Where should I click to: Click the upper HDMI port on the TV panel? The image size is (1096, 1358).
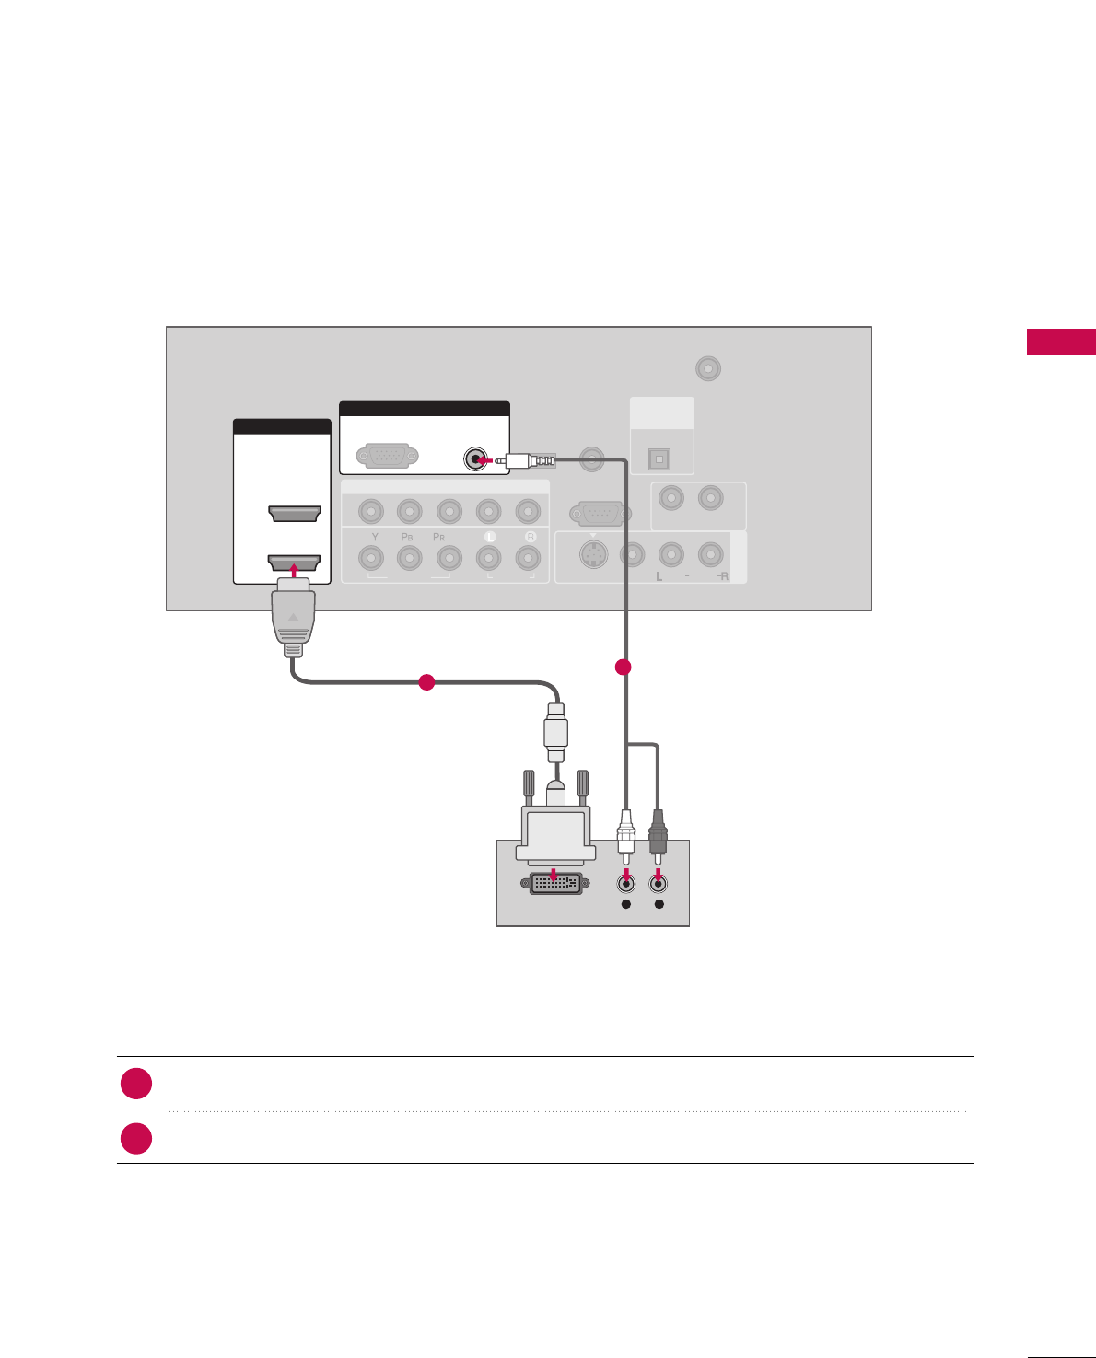tap(294, 513)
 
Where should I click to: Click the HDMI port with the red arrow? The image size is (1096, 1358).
tap(294, 562)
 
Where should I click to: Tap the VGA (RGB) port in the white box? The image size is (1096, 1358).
tap(388, 456)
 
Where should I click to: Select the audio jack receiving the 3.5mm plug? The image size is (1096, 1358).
tap(475, 458)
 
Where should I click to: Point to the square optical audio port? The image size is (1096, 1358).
tap(659, 458)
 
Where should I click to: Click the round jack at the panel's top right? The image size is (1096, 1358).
tap(707, 369)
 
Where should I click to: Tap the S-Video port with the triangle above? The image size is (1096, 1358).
tap(594, 554)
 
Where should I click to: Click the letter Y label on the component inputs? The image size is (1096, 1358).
tap(375, 537)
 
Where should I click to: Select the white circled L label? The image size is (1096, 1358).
tap(490, 537)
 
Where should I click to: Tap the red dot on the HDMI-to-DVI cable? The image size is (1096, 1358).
tap(426, 682)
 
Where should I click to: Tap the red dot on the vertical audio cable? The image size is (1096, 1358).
tap(624, 667)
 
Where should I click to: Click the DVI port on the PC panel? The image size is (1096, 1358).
tap(556, 884)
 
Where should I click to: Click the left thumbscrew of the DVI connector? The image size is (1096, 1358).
tap(529, 784)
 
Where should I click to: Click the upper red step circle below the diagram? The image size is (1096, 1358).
tap(136, 1084)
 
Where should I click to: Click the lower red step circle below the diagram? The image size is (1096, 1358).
tap(136, 1139)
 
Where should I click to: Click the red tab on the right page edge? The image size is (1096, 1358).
tap(1061, 342)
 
